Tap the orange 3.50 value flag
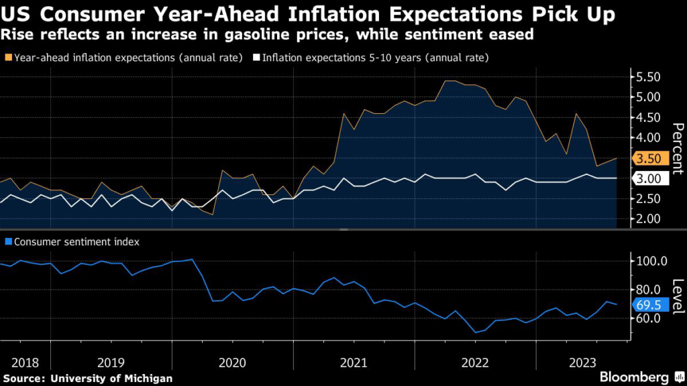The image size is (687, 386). point(649,159)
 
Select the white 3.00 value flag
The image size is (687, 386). point(649,179)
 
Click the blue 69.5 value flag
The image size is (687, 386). point(649,305)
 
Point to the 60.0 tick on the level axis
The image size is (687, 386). point(649,318)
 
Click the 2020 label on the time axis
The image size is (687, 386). point(232,363)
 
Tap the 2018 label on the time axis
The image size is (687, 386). point(24,363)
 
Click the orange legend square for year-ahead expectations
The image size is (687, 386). point(7,58)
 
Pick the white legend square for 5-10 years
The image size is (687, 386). point(256,58)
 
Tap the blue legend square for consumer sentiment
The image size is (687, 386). point(7,242)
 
